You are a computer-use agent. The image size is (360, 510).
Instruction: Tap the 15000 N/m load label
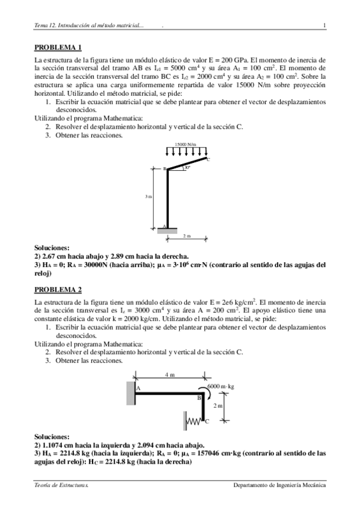(186, 144)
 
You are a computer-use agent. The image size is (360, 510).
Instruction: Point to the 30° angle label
(188, 167)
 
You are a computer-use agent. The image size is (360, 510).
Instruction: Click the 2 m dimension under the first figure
(186, 236)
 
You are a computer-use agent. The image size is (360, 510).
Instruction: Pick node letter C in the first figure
(209, 159)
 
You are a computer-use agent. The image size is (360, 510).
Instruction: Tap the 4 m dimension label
(170, 375)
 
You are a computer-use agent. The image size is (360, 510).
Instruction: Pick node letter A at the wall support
(138, 389)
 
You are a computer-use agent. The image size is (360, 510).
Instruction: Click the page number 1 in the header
(324, 25)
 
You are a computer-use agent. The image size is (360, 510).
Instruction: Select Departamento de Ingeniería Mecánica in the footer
(280, 484)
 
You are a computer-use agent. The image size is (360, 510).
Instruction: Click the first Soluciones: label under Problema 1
(52, 247)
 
